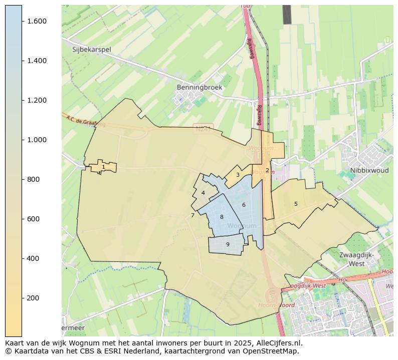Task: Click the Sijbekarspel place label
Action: coord(92,50)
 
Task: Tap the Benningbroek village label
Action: coord(199,87)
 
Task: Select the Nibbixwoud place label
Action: coord(369,170)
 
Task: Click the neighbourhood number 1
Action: coord(103,167)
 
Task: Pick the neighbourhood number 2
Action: coord(267,170)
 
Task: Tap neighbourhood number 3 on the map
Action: coord(238,175)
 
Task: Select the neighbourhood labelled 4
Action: coord(203,193)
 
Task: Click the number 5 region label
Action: coord(296,204)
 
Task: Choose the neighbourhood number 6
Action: coord(244,205)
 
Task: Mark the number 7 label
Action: coord(192,216)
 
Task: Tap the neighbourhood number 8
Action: coord(222,217)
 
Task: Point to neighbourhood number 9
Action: coord(228,244)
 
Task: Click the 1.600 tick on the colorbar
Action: coord(37,21)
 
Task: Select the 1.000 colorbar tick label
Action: coord(37,140)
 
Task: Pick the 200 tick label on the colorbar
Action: coord(33,298)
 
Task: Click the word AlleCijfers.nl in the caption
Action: coord(280,343)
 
